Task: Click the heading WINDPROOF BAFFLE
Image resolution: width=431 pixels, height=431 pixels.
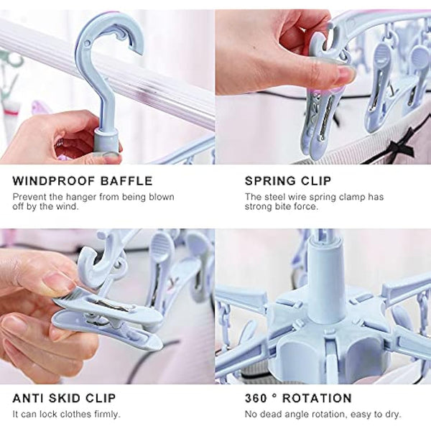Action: click(82, 180)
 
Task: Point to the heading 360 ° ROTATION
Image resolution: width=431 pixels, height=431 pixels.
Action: click(298, 398)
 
